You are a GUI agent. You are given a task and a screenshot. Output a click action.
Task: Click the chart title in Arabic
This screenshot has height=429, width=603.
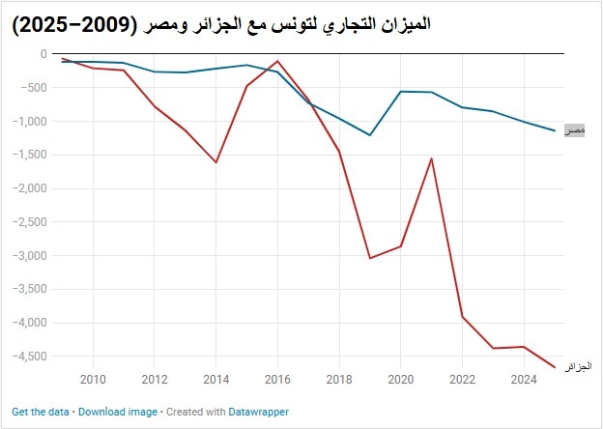tap(220, 26)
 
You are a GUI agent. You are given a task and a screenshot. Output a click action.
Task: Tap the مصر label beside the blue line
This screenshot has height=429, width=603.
tap(575, 130)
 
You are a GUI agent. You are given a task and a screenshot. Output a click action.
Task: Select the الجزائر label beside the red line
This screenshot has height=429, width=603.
tap(578, 367)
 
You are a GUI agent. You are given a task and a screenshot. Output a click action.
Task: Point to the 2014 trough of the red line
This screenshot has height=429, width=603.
tap(216, 162)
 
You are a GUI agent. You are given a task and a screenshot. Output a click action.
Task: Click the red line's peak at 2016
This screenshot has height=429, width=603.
tap(277, 61)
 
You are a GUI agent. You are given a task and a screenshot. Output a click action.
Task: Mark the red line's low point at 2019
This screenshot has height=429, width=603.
tap(369, 258)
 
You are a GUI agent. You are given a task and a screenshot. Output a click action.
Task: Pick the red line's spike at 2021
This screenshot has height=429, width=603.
tap(432, 158)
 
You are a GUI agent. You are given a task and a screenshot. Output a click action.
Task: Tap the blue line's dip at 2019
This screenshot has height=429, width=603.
tap(369, 135)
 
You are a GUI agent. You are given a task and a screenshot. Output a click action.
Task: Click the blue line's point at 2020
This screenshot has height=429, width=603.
tap(401, 92)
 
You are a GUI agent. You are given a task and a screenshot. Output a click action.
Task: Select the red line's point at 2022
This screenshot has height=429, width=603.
tap(462, 317)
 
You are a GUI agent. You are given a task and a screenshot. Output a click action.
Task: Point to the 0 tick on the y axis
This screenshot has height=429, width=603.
tap(43, 54)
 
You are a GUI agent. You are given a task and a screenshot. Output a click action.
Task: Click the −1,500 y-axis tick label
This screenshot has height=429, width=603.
tap(30, 155)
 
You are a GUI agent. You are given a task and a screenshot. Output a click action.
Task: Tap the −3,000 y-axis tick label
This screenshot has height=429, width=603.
tap(30, 256)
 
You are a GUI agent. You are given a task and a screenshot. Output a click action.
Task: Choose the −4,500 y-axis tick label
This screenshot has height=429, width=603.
tap(30, 357)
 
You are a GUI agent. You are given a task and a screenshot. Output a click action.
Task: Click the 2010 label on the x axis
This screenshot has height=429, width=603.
tap(93, 380)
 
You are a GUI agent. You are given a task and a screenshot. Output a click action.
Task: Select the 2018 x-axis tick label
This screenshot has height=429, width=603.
tap(339, 380)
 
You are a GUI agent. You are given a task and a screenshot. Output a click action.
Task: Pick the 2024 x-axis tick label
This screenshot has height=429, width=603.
tap(524, 380)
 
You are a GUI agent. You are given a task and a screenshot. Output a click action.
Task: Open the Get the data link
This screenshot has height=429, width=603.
tap(41, 412)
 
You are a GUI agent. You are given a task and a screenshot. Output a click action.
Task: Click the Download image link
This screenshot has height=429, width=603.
tap(118, 412)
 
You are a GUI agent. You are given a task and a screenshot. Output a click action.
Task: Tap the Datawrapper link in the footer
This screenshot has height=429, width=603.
tap(258, 412)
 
